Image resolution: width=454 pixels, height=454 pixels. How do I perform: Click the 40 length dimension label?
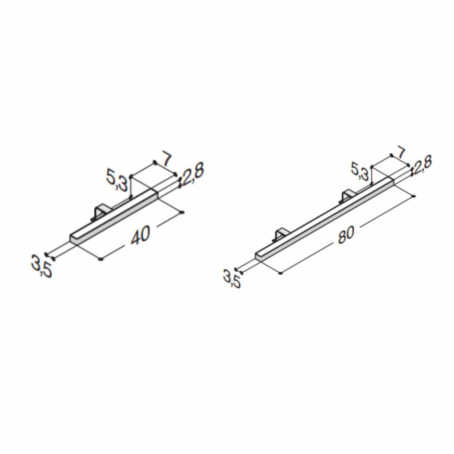point(140,235)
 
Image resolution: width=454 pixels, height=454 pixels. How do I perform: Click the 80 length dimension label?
point(346,235)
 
